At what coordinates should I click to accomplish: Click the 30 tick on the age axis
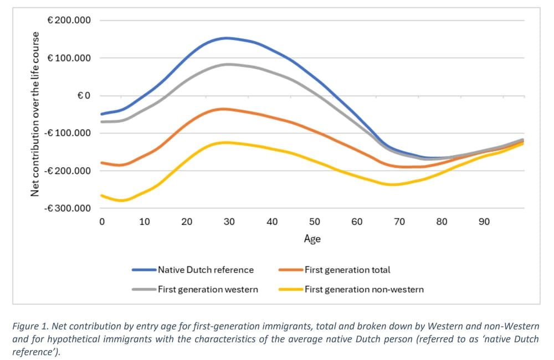point(229,222)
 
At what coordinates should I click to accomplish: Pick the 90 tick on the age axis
point(484,222)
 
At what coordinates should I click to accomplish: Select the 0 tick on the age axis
point(102,222)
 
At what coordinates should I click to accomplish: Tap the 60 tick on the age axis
point(357,222)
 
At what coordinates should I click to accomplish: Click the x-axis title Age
point(312,239)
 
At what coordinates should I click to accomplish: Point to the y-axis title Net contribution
point(35,114)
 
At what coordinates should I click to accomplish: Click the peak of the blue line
point(227,38)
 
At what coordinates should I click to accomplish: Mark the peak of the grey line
point(228,64)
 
